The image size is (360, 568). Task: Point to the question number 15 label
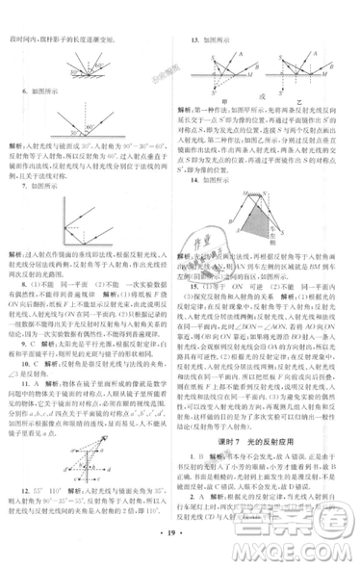(x=193, y=286)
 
